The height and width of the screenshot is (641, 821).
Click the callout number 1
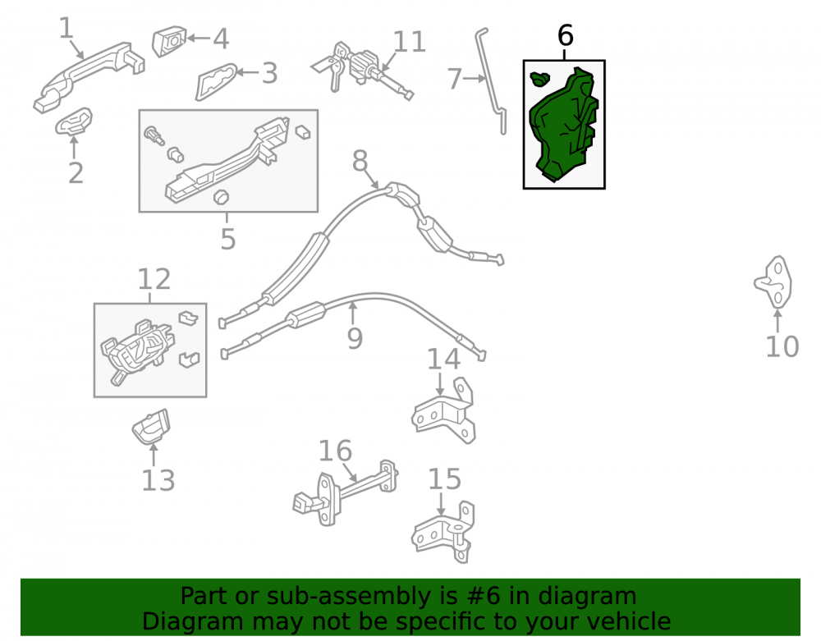66,28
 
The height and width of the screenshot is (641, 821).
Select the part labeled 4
169,41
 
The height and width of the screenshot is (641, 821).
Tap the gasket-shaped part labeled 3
216,81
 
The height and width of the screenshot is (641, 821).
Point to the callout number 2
76,173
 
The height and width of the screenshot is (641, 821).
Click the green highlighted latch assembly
563,126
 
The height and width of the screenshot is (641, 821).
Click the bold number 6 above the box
566,35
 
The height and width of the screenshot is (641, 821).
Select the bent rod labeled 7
492,81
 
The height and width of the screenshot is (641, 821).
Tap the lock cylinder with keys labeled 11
361,68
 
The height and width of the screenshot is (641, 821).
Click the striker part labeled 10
774,282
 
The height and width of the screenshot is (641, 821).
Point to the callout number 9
355,338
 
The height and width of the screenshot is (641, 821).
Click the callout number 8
360,161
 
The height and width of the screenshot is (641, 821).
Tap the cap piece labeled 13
151,427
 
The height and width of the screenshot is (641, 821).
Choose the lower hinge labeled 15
443,530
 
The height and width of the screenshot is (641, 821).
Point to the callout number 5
227,239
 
